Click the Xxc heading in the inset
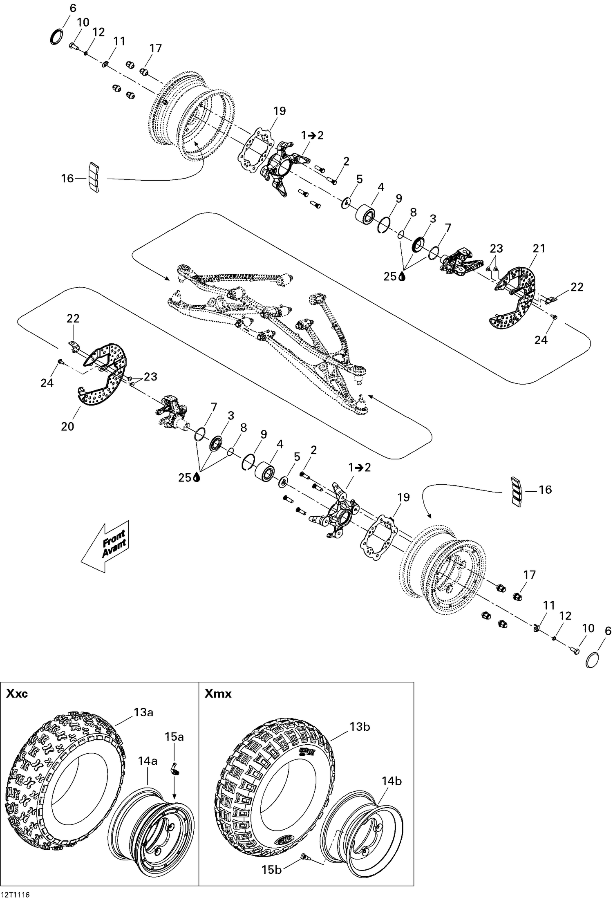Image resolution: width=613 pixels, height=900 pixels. [17, 694]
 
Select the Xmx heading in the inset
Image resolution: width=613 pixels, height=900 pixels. [218, 694]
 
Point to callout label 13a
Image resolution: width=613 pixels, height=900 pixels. [143, 712]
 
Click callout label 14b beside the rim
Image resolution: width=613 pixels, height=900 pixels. [392, 781]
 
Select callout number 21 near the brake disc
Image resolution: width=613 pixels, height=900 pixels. [539, 248]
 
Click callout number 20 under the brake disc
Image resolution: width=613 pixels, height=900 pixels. [67, 426]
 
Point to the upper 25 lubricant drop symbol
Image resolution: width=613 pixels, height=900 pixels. [403, 277]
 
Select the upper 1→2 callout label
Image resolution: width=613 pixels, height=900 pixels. [312, 135]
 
